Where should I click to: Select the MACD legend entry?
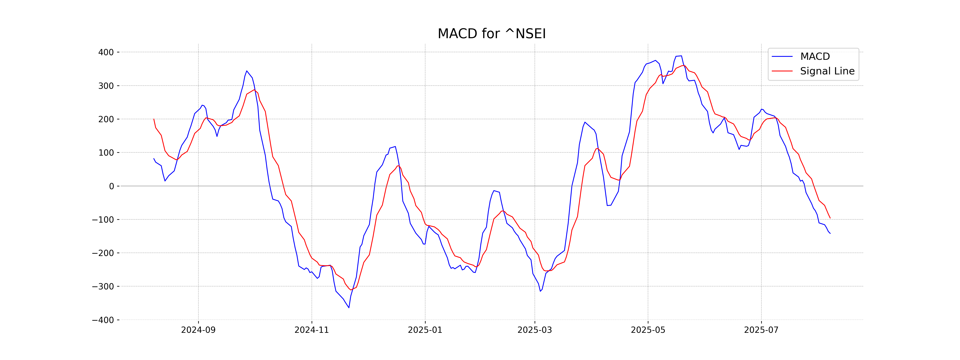coord(815,57)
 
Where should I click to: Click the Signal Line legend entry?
coord(827,71)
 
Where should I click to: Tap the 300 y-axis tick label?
coord(106,86)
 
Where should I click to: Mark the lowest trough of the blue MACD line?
coord(349,307)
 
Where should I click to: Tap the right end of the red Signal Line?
coord(830,218)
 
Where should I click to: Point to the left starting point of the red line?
coord(154,119)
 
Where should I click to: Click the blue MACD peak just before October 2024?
coord(247,71)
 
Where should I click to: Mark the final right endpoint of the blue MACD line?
coord(830,233)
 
